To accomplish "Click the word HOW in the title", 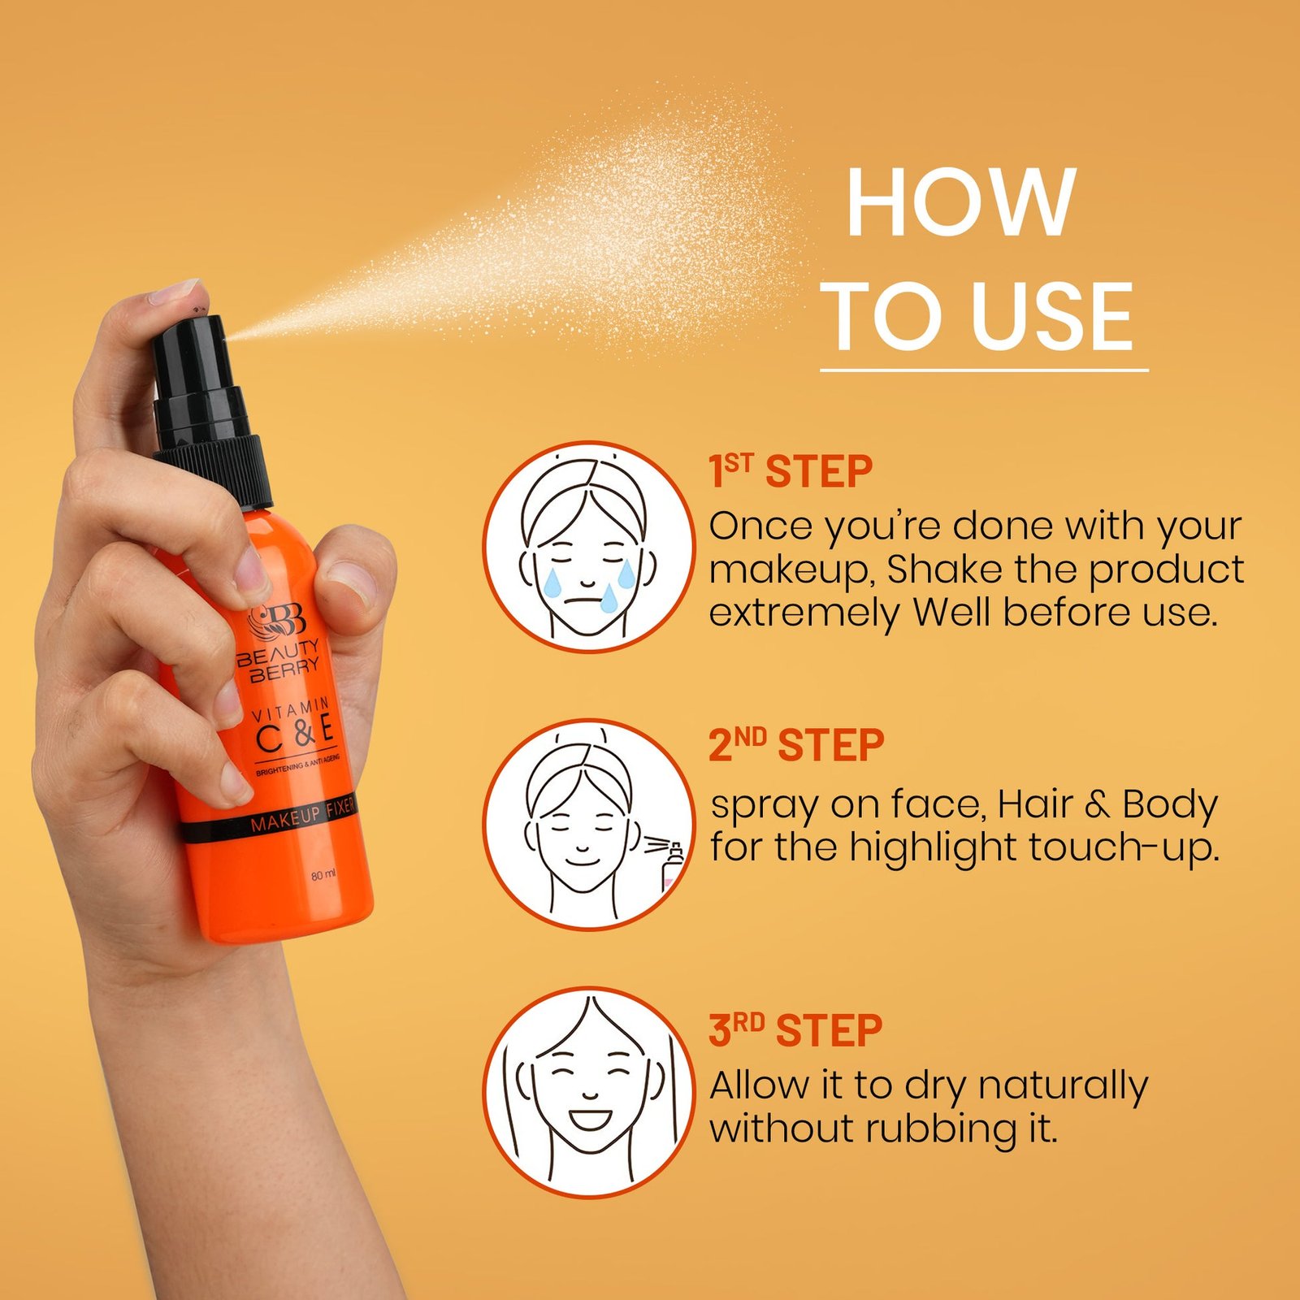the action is pos(961,202).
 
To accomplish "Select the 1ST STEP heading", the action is pos(791,472).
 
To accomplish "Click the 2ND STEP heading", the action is pos(796,746).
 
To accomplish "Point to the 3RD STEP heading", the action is pos(795,1030).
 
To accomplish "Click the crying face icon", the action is pos(589,546).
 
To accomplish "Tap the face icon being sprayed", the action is pos(589,824).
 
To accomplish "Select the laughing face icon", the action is pos(589,1092).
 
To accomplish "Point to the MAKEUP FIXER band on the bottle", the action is pos(268,820).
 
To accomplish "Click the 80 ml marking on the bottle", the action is pos(323,875).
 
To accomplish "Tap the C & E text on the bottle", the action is pos(295,732).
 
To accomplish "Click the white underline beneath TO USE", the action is pos(984,370).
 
